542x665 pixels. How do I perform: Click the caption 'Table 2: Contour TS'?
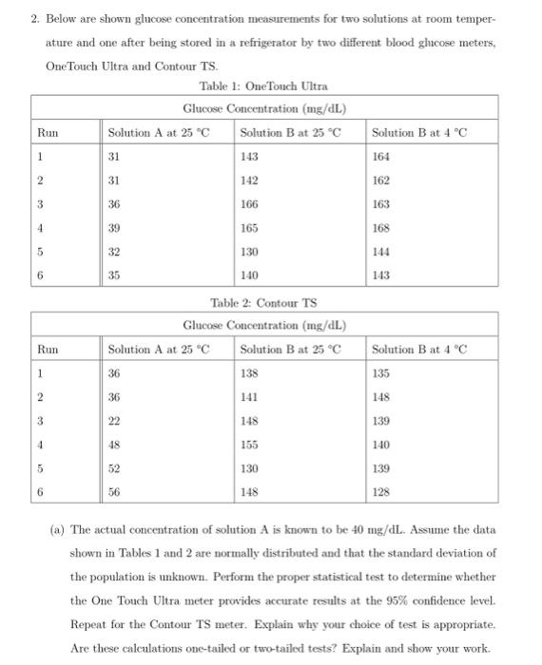pyautogui.click(x=264, y=303)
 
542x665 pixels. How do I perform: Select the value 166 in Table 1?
pyautogui.click(x=249, y=204)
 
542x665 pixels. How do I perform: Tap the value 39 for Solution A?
pyautogui.click(x=115, y=228)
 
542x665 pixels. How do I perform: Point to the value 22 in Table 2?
pyautogui.click(x=115, y=421)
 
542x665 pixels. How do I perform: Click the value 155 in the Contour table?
pyautogui.click(x=249, y=445)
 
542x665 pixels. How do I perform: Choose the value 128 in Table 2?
pyautogui.click(x=380, y=491)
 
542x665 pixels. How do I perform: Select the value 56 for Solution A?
pyautogui.click(x=115, y=491)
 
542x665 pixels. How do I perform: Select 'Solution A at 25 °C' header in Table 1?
pyautogui.click(x=158, y=131)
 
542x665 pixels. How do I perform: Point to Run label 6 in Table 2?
pyautogui.click(x=41, y=491)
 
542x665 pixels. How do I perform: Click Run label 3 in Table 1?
pyautogui.click(x=41, y=204)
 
